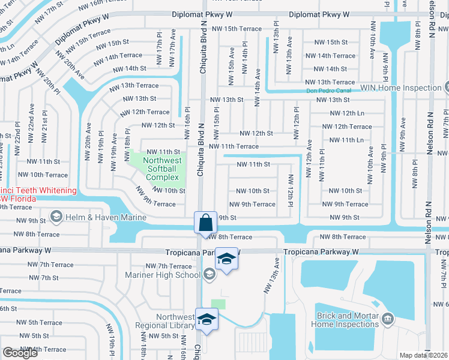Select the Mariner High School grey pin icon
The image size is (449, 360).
[208, 274]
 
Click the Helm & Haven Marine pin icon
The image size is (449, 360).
[56, 216]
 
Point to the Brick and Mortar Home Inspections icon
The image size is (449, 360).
[387, 317]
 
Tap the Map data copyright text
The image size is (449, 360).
[424, 355]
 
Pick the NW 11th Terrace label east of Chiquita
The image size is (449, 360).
[234, 146]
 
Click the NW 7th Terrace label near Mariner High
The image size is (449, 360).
[169, 266]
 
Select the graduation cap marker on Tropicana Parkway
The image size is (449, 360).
[226, 259]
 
